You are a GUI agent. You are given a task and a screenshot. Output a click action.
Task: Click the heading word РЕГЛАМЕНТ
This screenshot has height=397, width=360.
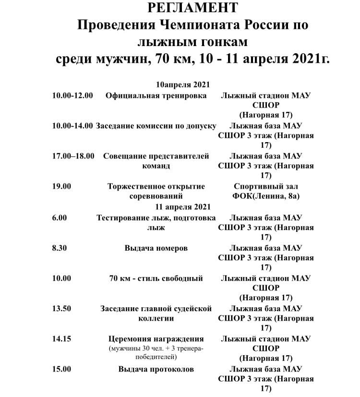(192, 8)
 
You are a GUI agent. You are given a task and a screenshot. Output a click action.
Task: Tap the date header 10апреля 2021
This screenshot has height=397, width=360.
(182, 84)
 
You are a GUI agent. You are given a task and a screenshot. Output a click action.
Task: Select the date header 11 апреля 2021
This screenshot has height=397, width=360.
(182, 207)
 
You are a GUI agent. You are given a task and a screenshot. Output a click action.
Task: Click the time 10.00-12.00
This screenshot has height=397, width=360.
(72, 95)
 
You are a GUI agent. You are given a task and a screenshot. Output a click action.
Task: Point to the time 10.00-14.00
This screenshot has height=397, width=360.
(72, 125)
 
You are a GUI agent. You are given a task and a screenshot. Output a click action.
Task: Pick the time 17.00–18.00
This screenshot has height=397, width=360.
(73, 156)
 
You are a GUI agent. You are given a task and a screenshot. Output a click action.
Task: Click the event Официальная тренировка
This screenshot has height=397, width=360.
(156, 95)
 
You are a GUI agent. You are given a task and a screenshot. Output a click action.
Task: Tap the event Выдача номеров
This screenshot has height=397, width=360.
(156, 248)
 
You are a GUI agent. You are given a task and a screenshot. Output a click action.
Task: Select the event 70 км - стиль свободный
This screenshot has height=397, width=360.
(156, 278)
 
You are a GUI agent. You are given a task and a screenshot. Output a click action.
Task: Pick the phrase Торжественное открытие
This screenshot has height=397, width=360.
(156, 186)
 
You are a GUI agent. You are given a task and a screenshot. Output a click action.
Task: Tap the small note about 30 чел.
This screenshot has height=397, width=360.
(156, 348)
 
